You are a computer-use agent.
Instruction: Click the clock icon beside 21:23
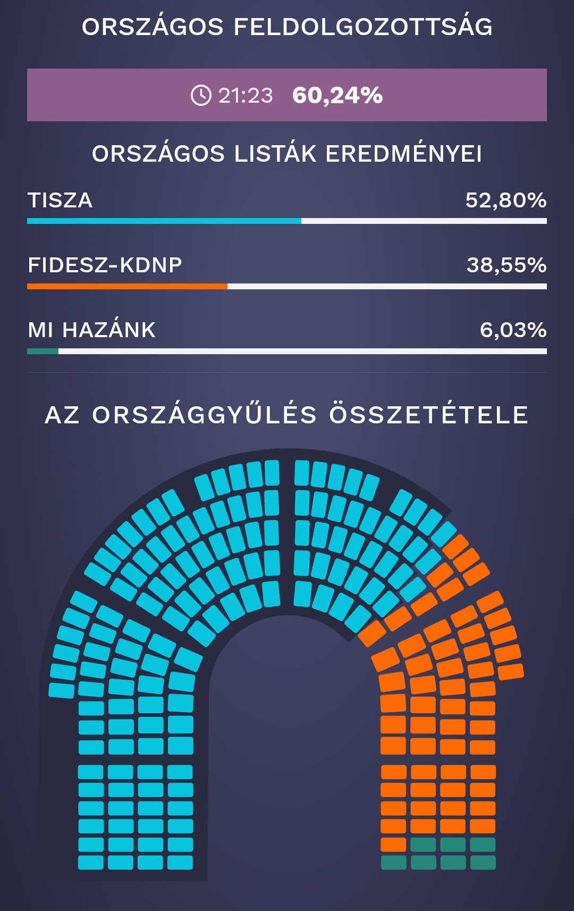(x=201, y=96)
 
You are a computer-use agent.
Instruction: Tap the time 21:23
(x=246, y=96)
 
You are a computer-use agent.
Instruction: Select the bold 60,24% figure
(x=337, y=96)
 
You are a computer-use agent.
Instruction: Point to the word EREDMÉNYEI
(x=403, y=154)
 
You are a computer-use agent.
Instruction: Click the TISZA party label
(x=60, y=200)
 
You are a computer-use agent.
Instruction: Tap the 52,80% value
(x=505, y=200)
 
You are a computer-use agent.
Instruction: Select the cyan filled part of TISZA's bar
(x=164, y=221)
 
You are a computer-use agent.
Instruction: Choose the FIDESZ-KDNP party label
(x=105, y=265)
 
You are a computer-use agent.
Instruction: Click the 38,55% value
(x=506, y=265)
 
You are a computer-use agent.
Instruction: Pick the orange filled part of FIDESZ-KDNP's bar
(x=127, y=286)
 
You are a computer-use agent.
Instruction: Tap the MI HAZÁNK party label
(x=91, y=330)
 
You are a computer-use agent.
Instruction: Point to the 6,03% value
(x=513, y=330)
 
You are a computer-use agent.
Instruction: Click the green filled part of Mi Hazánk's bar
(x=43, y=351)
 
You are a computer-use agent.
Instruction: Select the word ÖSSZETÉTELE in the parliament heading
(x=429, y=415)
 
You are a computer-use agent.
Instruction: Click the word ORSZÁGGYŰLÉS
(x=205, y=415)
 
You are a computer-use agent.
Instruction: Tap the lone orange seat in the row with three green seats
(x=393, y=845)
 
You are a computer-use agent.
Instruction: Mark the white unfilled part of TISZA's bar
(x=424, y=221)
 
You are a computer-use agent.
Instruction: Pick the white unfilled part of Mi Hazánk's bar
(x=302, y=351)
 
